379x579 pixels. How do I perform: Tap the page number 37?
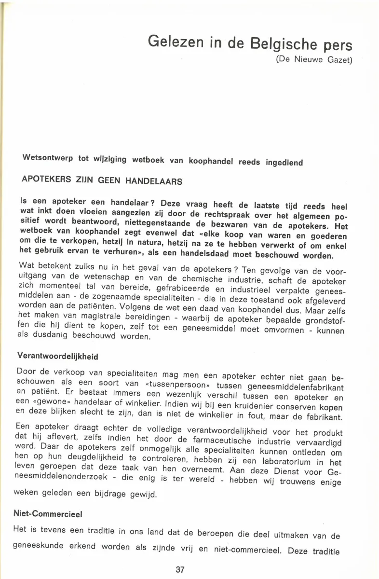(x=180, y=569)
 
